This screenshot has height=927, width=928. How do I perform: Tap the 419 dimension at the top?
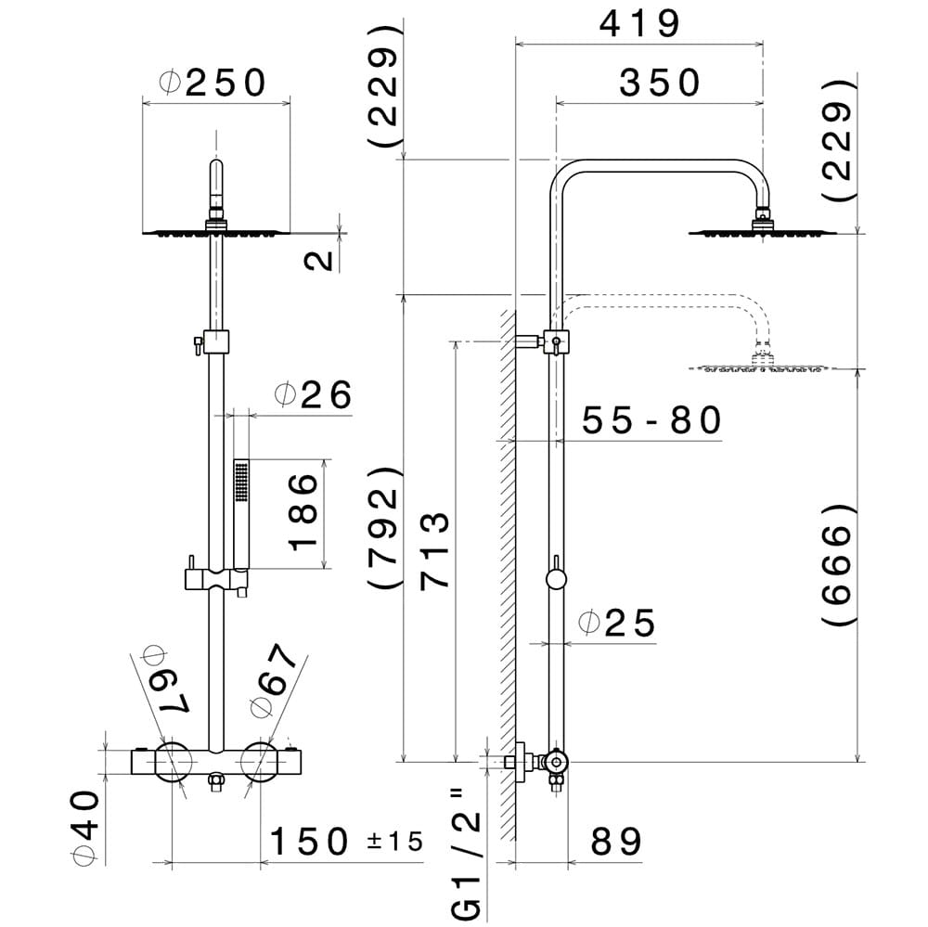(639, 24)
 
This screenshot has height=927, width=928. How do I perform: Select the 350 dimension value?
(660, 84)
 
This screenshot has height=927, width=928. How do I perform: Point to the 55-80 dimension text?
(651, 421)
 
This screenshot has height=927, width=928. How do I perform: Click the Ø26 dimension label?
(314, 396)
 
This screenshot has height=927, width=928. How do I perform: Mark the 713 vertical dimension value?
(433, 550)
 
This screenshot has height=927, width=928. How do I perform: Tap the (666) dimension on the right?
(837, 567)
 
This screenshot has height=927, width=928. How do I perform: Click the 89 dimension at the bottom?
(616, 843)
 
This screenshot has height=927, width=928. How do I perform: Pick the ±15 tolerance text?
(394, 843)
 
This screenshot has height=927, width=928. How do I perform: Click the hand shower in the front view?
(242, 510)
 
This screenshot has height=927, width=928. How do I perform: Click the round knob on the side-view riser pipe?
(557, 581)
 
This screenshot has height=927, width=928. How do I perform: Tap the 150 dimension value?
(309, 843)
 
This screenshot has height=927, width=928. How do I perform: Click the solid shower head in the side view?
(762, 230)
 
